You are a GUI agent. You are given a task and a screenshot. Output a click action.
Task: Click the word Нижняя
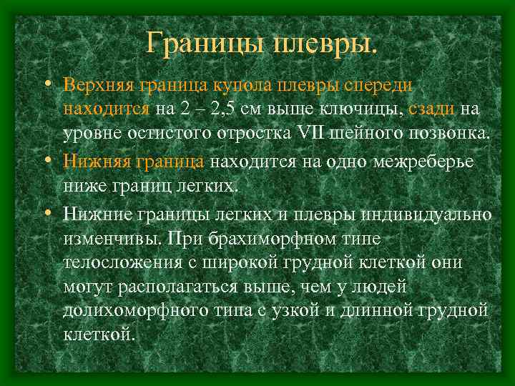click(91, 161)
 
